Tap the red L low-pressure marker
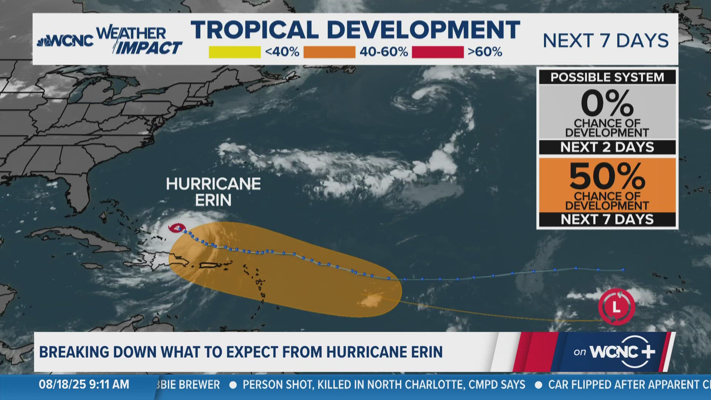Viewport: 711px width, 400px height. [x=616, y=307]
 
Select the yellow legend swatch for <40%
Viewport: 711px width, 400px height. [x=234, y=52]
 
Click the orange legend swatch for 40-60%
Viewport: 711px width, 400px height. [x=329, y=52]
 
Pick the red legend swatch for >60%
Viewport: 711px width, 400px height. [x=437, y=52]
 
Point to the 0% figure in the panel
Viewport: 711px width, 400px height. [x=607, y=104]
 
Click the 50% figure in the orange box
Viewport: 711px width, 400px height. [x=607, y=176]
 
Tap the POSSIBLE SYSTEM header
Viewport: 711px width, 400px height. [x=607, y=77]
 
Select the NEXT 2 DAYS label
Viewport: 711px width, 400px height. [x=607, y=147]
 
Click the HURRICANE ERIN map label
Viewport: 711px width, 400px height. [x=213, y=192]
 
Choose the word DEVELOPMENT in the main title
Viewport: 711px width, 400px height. [x=423, y=30]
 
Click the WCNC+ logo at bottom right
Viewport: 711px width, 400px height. [x=622, y=351]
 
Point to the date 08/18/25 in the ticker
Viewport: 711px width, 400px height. [x=61, y=384]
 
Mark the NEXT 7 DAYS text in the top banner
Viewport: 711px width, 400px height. [x=605, y=40]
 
